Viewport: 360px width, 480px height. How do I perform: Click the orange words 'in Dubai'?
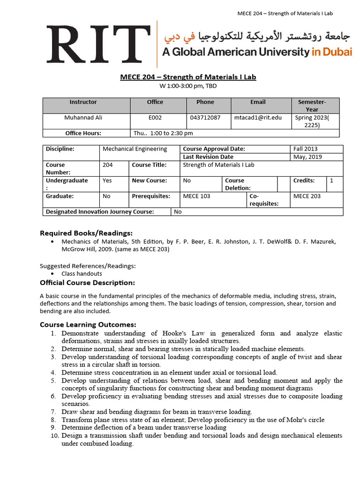(331, 52)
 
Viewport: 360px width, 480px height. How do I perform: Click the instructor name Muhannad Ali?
(83, 118)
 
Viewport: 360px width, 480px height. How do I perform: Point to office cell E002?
(155, 118)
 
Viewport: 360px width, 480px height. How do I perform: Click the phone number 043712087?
(205, 118)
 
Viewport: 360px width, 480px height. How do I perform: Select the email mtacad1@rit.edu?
(258, 118)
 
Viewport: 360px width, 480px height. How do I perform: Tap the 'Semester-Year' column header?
(312, 105)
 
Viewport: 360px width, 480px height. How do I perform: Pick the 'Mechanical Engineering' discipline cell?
(135, 149)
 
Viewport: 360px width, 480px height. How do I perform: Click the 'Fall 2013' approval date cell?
(305, 149)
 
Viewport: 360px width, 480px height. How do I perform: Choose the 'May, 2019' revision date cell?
(307, 157)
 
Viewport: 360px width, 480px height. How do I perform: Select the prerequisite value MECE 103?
(196, 196)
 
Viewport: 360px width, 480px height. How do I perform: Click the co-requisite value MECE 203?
(307, 196)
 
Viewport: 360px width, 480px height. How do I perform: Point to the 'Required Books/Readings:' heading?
(86, 233)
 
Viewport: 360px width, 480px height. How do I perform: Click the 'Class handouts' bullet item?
(82, 274)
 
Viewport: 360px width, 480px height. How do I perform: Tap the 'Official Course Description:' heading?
(87, 283)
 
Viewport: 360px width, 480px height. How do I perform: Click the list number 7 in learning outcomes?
(54, 412)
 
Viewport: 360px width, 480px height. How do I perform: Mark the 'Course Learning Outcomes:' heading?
(88, 324)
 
